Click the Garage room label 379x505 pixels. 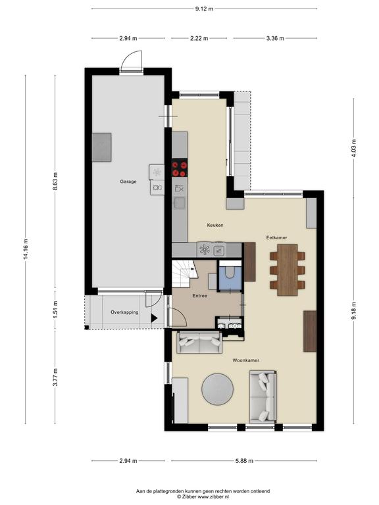[128, 181]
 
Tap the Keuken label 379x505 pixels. [215, 225]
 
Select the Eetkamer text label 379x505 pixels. [276, 237]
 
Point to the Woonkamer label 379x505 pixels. [246, 360]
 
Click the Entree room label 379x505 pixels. [200, 296]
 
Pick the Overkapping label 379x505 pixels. [124, 312]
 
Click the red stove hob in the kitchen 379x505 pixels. [180, 169]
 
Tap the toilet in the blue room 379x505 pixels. [230, 273]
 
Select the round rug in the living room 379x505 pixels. [218, 389]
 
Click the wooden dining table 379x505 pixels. [287, 270]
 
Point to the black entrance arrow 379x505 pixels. [154, 318]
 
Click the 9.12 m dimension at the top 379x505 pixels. [204, 9]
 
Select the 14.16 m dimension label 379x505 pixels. [26, 249]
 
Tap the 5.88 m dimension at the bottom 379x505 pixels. [244, 461]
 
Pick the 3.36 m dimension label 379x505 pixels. [275, 38]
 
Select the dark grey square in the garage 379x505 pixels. [102, 147]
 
